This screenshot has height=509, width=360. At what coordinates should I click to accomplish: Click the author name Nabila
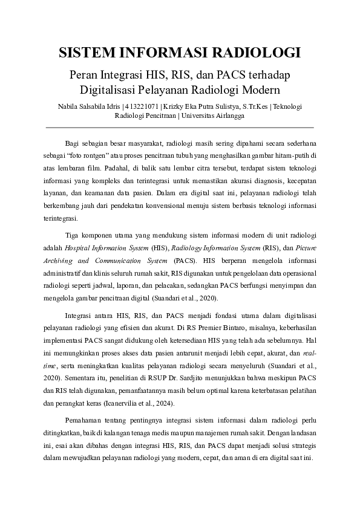[70, 106]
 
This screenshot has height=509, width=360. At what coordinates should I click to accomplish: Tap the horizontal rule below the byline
[180, 128]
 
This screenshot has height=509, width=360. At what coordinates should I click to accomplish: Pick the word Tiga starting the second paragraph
[73, 235]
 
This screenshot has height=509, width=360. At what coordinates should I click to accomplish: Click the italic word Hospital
[78, 247]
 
